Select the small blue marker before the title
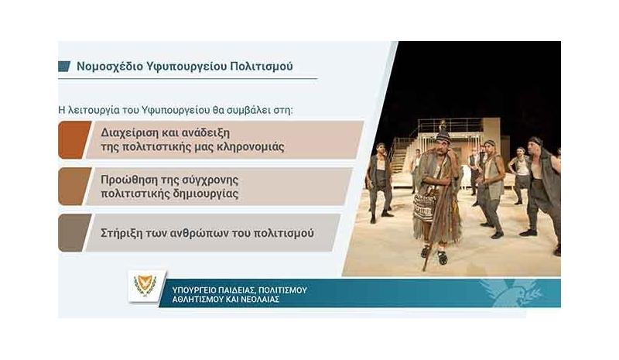coord(64,67)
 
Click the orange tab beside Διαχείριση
coord(74,139)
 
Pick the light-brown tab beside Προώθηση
coord(74,187)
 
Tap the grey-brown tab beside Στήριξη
coord(74,233)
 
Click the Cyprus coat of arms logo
coord(145,286)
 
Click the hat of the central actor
coord(443,136)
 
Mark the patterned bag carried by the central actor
coord(422,208)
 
